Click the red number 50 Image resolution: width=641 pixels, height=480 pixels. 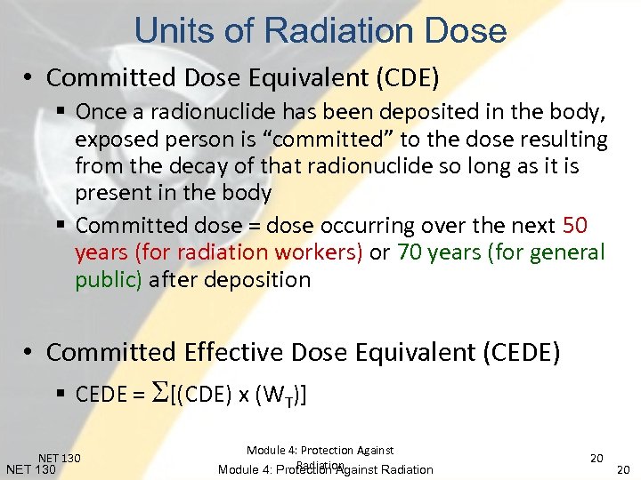pos(574,226)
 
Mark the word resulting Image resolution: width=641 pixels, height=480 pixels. pos(564,140)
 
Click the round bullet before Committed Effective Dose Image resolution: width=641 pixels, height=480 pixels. pos(28,353)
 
